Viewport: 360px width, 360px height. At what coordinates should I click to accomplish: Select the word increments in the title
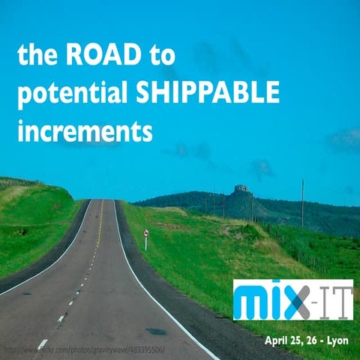coord(85,132)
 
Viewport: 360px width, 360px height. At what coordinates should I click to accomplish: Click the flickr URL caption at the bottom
coord(86,350)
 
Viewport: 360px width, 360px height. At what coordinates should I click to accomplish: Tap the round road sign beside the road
coord(146,233)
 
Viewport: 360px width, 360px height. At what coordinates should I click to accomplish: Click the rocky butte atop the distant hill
coord(241,189)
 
